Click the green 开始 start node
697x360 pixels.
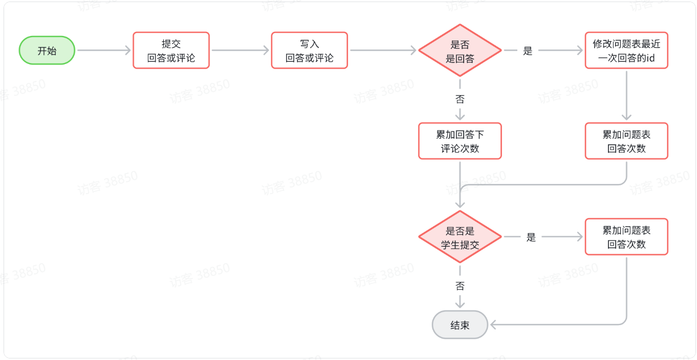click(47, 50)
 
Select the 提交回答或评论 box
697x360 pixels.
click(171, 50)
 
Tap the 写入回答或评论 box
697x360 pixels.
click(309, 50)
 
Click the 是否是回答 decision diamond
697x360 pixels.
click(460, 51)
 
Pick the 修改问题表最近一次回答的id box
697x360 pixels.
click(626, 50)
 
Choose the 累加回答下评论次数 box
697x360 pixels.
click(460, 141)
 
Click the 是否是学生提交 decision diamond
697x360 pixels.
click(460, 237)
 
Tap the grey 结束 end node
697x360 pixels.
click(460, 325)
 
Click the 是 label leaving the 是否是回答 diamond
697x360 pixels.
click(528, 51)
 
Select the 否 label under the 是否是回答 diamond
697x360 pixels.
click(460, 99)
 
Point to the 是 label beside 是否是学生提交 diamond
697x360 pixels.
click(531, 237)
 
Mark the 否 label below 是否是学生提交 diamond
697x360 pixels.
click(460, 285)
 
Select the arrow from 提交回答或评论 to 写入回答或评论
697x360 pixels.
click(240, 50)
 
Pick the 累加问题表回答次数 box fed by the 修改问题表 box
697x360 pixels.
click(626, 141)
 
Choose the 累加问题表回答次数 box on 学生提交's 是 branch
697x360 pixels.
click(626, 237)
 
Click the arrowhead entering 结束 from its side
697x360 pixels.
click(493, 324)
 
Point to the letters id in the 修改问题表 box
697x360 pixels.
click(650, 58)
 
